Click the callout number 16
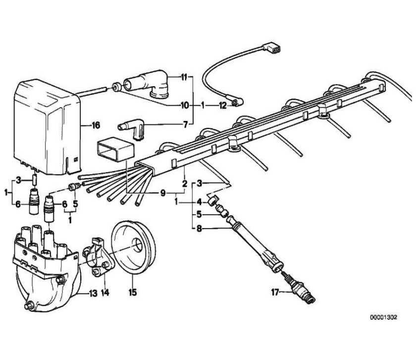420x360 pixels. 96,125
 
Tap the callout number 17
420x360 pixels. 275,292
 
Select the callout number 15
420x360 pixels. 132,293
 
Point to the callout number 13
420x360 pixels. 93,294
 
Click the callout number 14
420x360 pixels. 105,293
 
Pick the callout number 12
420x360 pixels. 222,106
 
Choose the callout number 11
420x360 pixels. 183,77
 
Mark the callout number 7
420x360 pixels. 185,125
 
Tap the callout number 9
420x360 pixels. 163,193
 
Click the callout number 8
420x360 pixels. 199,229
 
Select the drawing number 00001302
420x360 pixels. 383,317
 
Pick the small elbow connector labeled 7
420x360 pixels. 132,128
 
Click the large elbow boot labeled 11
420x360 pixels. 147,83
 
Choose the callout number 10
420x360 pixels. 184,106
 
